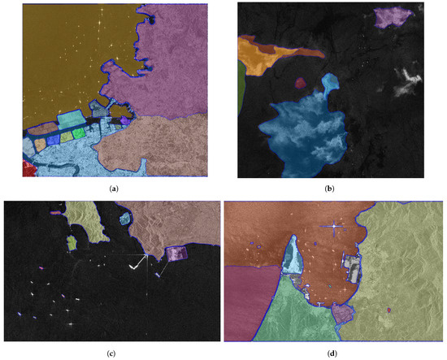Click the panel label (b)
click(329, 189)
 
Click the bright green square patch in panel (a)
click(79, 133)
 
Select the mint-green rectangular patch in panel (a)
click(71, 119)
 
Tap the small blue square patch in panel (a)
click(53, 139)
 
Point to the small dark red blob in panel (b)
click(300, 82)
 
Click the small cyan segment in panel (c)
click(124, 219)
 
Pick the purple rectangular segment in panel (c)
click(177, 254)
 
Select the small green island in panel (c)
click(72, 242)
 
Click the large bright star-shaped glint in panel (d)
click(333, 227)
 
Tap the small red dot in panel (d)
click(389, 310)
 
